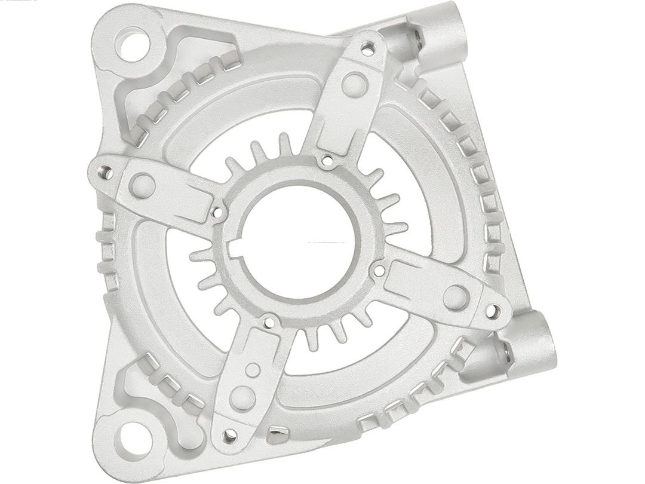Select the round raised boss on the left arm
tap(142, 186)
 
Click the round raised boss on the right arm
tap(456, 296)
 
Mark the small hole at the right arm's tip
tap(493, 311)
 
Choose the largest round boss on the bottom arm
tap(242, 398)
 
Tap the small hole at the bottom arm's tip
tap(229, 437)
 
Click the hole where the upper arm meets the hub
tap(326, 160)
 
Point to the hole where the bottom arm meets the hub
tap(270, 323)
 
